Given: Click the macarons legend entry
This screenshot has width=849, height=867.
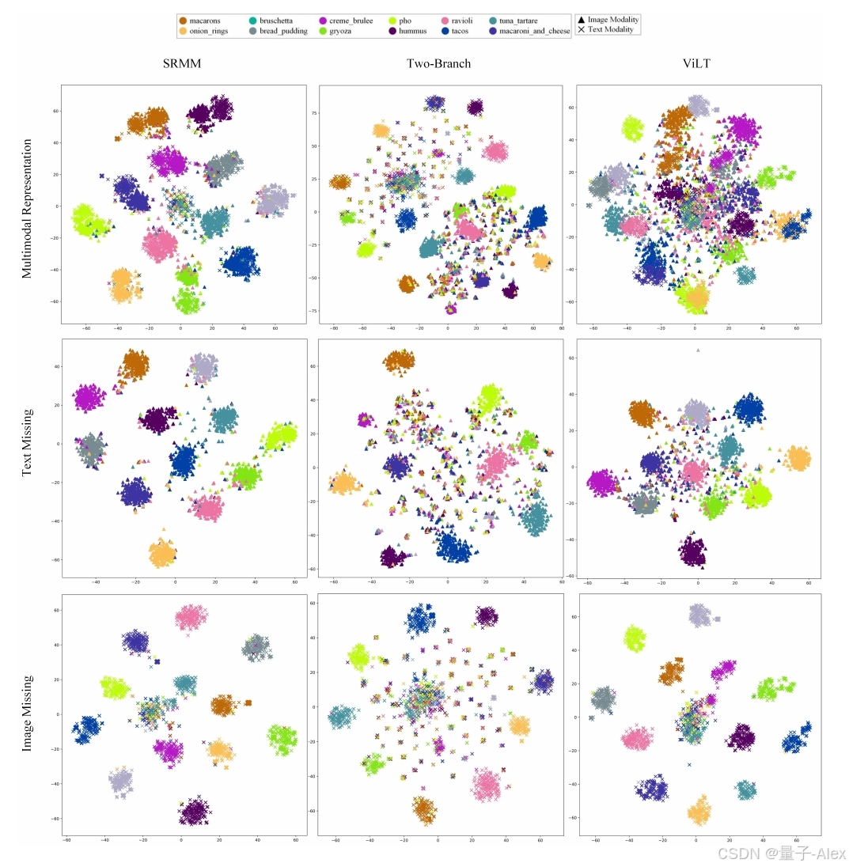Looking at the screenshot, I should [x=200, y=21].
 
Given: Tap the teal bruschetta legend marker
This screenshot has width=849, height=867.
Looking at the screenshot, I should [x=252, y=21].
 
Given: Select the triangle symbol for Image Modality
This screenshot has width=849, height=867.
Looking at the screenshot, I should [x=582, y=20].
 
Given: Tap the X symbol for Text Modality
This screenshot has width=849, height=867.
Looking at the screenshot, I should [x=582, y=29].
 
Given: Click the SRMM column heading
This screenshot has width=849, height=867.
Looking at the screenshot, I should [x=181, y=63].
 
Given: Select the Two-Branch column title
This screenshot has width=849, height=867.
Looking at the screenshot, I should [x=438, y=63].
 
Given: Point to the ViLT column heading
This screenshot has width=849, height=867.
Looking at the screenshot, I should [x=696, y=63].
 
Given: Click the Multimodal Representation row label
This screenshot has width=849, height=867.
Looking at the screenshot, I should [x=28, y=209].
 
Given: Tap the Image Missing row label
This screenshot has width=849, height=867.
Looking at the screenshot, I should [x=28, y=712].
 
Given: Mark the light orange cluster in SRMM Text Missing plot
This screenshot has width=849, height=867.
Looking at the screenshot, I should [x=163, y=553].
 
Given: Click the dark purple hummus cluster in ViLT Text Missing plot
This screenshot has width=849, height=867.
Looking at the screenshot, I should [x=694, y=551].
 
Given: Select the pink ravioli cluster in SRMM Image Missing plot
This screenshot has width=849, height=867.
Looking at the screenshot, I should [x=191, y=616].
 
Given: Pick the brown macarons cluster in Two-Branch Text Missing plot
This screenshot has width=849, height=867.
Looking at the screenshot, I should [x=400, y=361].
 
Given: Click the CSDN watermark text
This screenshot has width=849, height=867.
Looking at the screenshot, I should [x=780, y=854].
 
